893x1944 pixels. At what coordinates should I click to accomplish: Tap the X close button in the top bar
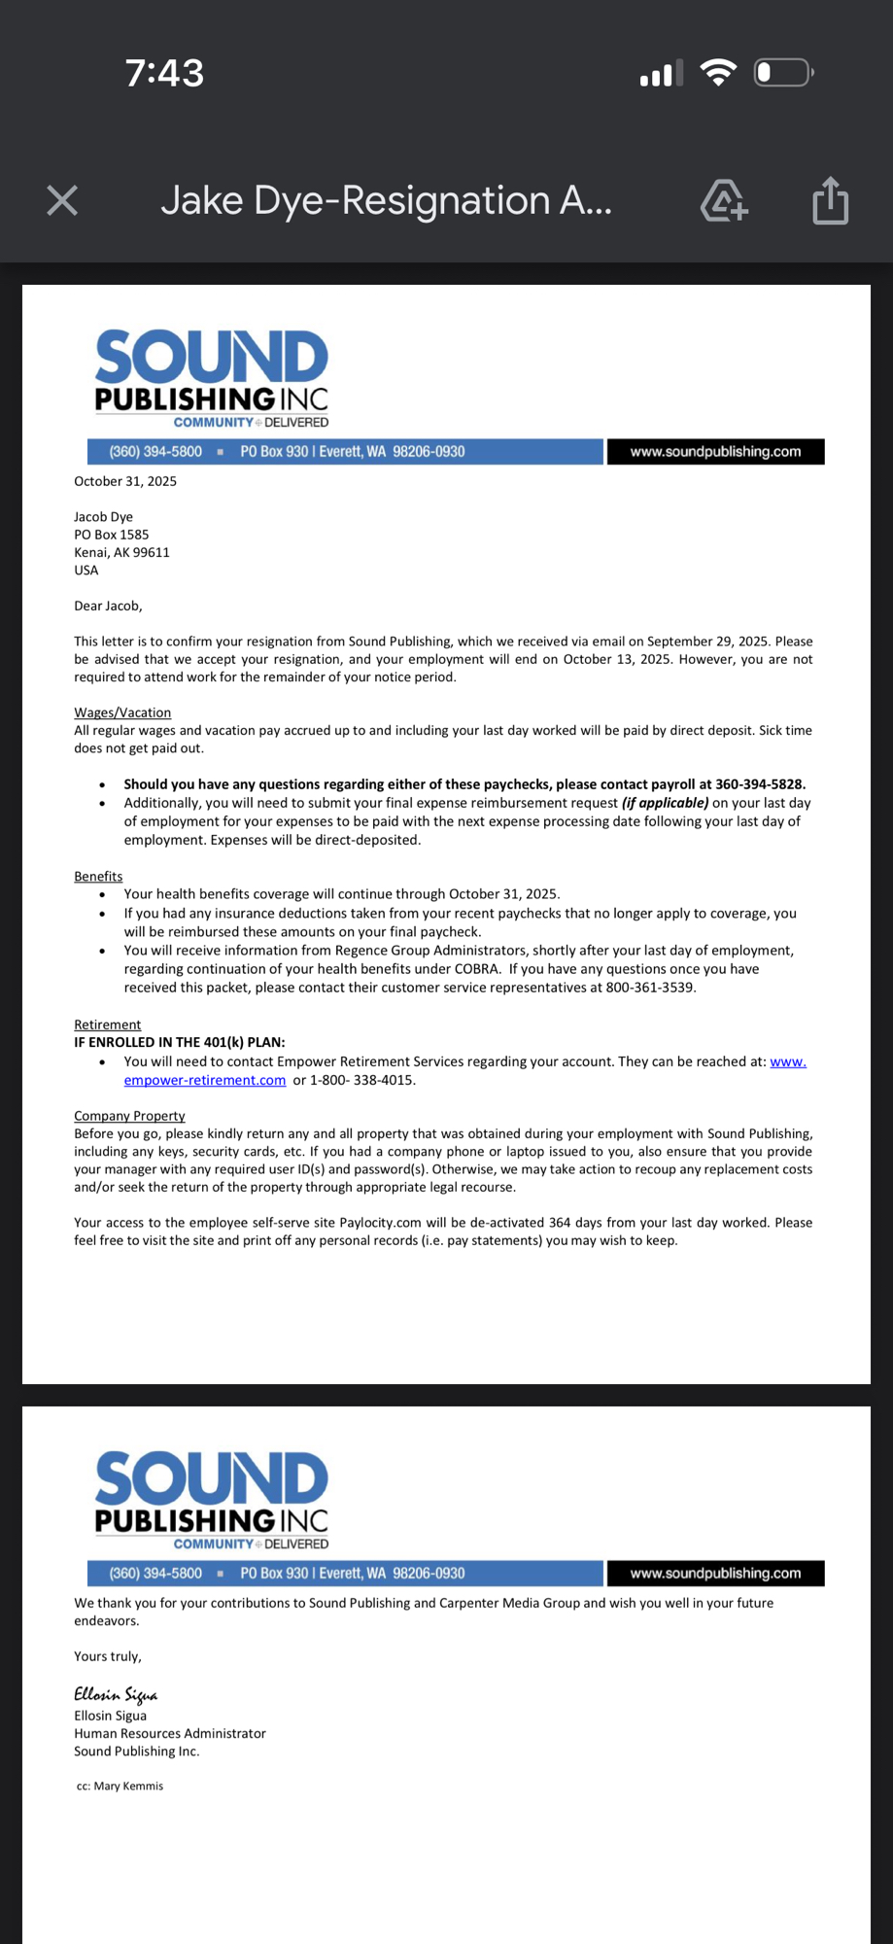click(62, 201)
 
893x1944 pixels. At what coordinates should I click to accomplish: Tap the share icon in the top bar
click(830, 201)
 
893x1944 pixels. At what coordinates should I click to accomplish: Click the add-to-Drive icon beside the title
click(724, 201)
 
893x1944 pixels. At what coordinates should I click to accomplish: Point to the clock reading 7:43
click(164, 73)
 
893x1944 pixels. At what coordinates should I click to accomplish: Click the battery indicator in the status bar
click(783, 73)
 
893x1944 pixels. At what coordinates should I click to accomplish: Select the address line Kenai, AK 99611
click(121, 552)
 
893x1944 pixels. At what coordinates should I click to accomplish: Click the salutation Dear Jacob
click(108, 606)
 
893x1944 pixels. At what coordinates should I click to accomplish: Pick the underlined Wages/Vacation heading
click(122, 712)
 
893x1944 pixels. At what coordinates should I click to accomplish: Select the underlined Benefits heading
click(98, 876)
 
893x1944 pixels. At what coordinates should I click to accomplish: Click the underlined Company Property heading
click(129, 1116)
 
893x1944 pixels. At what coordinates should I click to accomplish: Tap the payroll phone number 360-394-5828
click(760, 784)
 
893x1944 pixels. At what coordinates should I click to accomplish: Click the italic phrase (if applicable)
click(665, 803)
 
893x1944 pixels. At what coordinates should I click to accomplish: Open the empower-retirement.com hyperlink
click(205, 1080)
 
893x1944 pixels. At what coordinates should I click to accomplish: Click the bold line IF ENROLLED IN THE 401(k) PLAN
click(180, 1042)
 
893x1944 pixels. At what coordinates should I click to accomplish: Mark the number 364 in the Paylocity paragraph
click(560, 1223)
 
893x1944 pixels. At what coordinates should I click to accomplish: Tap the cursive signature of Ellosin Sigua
click(116, 1694)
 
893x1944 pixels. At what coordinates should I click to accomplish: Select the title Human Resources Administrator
click(170, 1733)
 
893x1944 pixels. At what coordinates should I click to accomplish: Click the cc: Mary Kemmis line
click(120, 1786)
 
